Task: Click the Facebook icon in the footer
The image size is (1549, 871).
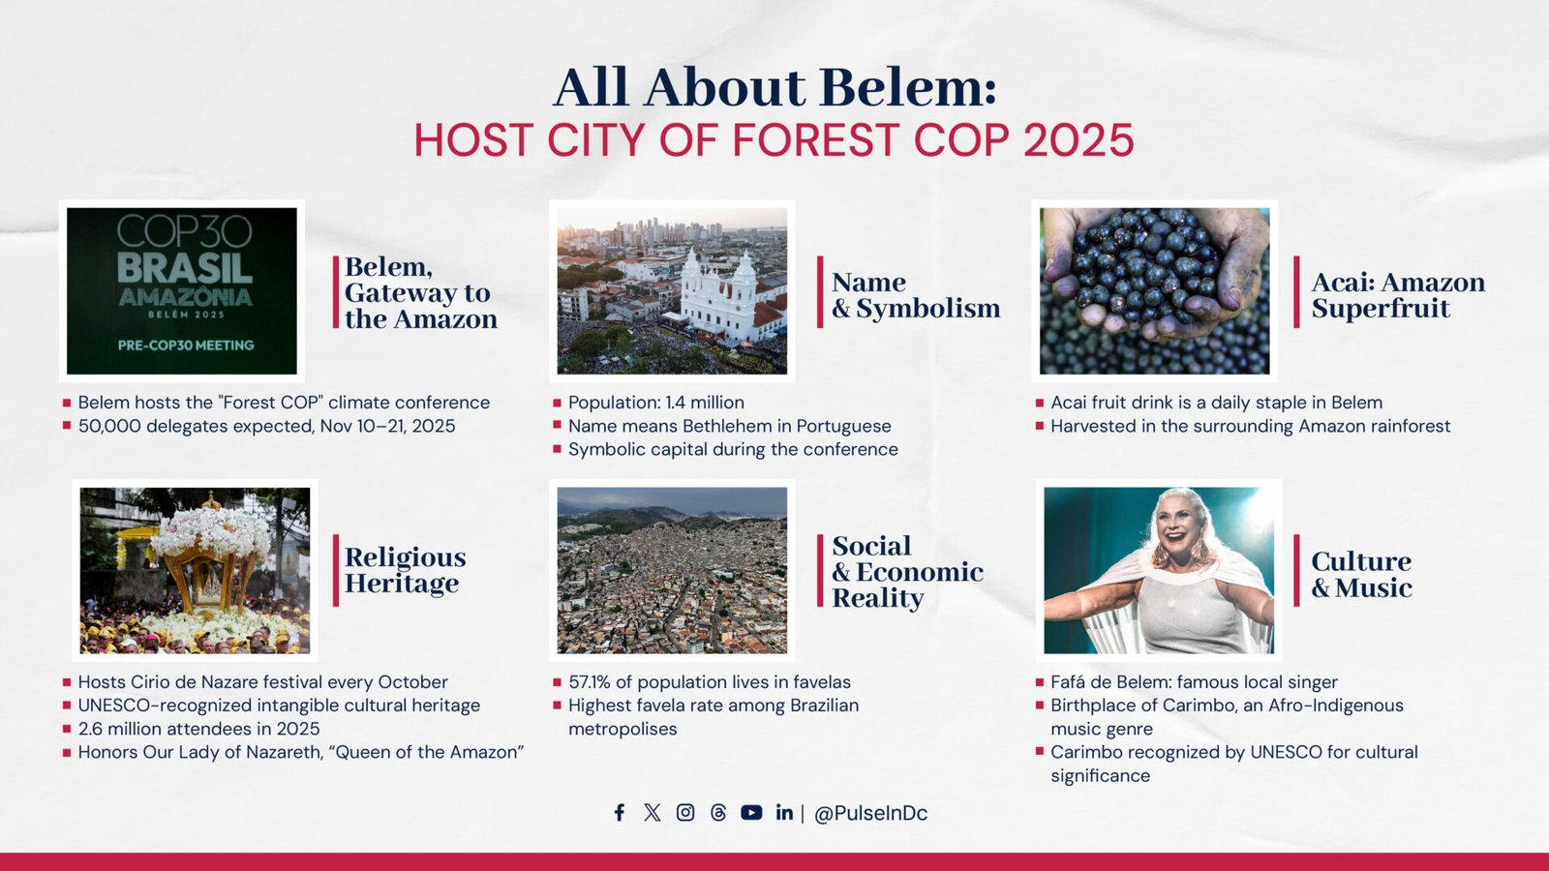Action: pyautogui.click(x=620, y=813)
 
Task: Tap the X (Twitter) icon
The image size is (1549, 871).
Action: pyautogui.click(x=653, y=813)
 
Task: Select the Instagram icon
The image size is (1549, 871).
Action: pyautogui.click(x=685, y=813)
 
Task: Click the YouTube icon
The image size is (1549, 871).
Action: pyautogui.click(x=751, y=813)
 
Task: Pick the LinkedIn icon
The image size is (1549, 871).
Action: pyautogui.click(x=784, y=813)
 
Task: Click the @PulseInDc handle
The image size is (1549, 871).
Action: pyautogui.click(x=870, y=814)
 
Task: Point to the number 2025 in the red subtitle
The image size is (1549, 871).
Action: pyautogui.click(x=1078, y=140)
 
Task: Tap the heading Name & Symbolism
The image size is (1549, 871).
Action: pyautogui.click(x=915, y=295)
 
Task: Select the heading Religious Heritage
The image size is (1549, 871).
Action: pyautogui.click(x=405, y=570)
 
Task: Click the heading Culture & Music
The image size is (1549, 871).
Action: pyautogui.click(x=1360, y=575)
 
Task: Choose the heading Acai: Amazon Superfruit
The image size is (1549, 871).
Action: pyautogui.click(x=1397, y=295)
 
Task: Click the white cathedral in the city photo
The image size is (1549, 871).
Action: pyautogui.click(x=718, y=295)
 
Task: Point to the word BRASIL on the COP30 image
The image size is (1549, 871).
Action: pyautogui.click(x=184, y=268)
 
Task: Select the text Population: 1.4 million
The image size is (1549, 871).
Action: pyautogui.click(x=655, y=403)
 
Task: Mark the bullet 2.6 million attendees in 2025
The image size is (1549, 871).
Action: pyautogui.click(x=198, y=729)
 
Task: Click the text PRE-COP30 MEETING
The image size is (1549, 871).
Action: pyautogui.click(x=186, y=345)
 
